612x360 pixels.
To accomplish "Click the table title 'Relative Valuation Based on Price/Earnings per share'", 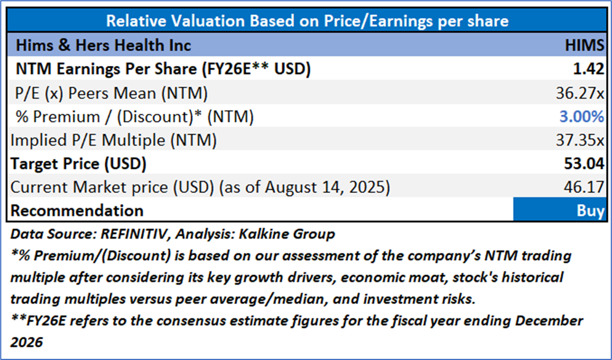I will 307,21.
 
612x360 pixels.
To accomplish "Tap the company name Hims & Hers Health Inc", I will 103,45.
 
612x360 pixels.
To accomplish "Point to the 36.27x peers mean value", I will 580,92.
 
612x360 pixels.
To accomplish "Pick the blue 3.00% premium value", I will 581,116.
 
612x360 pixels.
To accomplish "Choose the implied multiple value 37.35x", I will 580,140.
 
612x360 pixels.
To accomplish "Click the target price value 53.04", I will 585,164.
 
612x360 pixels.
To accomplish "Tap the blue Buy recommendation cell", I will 560,210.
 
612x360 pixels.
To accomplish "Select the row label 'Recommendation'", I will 77,211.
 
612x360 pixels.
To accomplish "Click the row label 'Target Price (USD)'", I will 79,164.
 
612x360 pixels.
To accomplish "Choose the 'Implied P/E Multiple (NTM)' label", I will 113,140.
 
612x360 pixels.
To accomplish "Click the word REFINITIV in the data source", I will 129,235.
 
